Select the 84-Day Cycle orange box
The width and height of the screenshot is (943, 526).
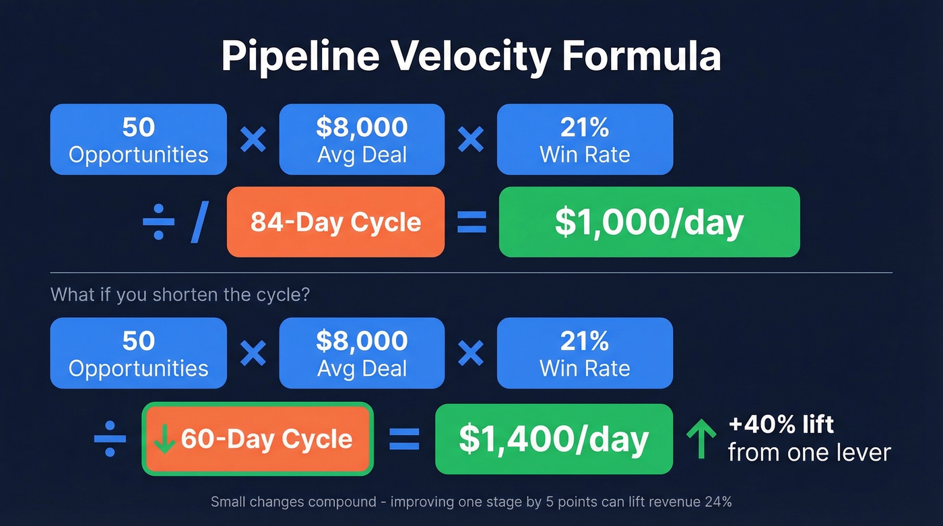(x=335, y=222)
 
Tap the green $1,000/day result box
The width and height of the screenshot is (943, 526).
(x=649, y=222)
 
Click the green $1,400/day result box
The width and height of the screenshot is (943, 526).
(x=554, y=439)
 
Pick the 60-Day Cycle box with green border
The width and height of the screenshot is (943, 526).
(x=257, y=439)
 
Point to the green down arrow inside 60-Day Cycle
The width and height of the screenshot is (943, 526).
(x=164, y=439)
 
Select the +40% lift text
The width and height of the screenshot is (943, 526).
(x=781, y=424)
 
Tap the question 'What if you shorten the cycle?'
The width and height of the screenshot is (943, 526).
(x=180, y=295)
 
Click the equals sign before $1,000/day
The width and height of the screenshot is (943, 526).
(x=471, y=223)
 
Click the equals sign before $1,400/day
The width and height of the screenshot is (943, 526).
(x=404, y=439)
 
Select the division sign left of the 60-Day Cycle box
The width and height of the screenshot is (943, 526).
(x=110, y=439)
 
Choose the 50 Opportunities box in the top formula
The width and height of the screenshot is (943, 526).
(x=138, y=139)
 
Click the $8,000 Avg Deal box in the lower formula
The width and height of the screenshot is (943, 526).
(x=362, y=353)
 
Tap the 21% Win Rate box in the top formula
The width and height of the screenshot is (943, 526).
(x=585, y=139)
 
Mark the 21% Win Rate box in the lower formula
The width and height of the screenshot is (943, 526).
(x=585, y=353)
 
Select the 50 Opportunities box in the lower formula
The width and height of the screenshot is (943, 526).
(x=138, y=353)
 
